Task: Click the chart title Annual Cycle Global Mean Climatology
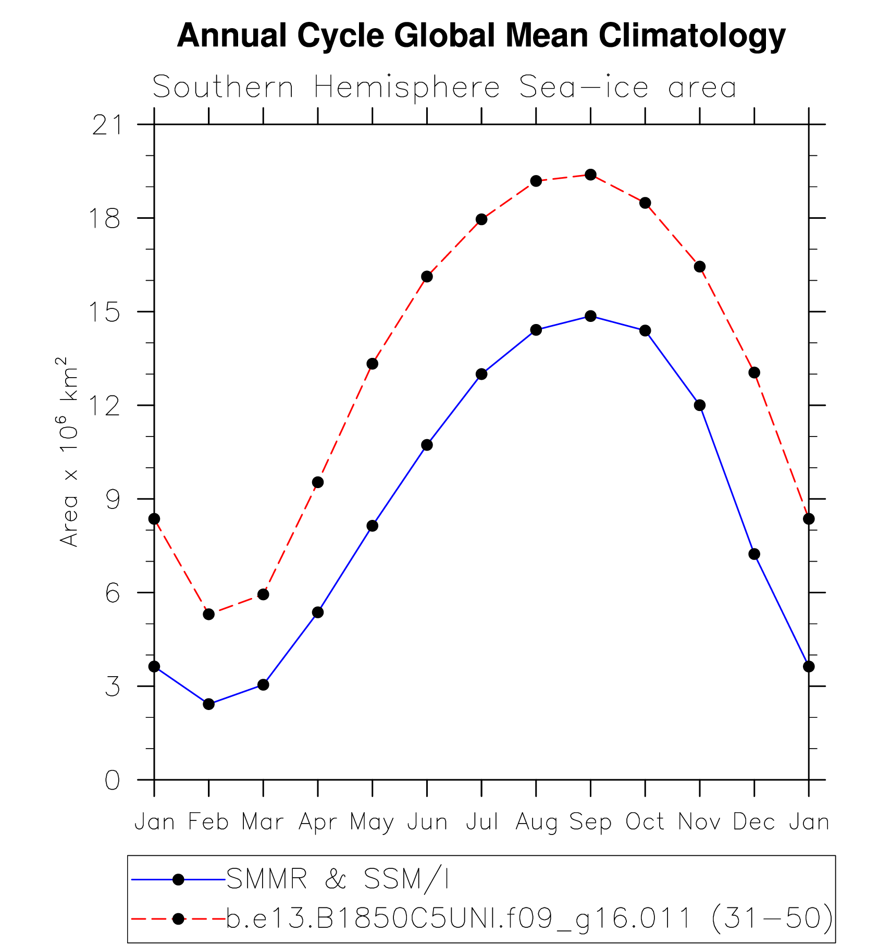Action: [481, 35]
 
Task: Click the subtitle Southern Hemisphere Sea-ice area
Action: [444, 87]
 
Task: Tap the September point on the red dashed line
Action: [590, 175]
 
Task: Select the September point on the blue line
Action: [590, 316]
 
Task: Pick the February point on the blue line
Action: [208, 704]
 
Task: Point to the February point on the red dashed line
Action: [208, 614]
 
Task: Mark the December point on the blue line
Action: [754, 554]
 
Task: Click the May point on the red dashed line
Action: [372, 364]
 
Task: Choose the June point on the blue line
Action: [427, 445]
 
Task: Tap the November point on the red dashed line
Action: [700, 267]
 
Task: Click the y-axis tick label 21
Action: [106, 126]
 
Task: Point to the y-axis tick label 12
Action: [106, 406]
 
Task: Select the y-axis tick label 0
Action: [113, 780]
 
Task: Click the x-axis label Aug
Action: [536, 823]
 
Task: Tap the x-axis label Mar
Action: [263, 822]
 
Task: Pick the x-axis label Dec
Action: [754, 822]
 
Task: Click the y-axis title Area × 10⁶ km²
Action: [69, 452]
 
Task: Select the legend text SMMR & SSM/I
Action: [338, 879]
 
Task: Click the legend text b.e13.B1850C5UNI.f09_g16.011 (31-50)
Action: [529, 918]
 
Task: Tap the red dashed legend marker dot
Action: [178, 919]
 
